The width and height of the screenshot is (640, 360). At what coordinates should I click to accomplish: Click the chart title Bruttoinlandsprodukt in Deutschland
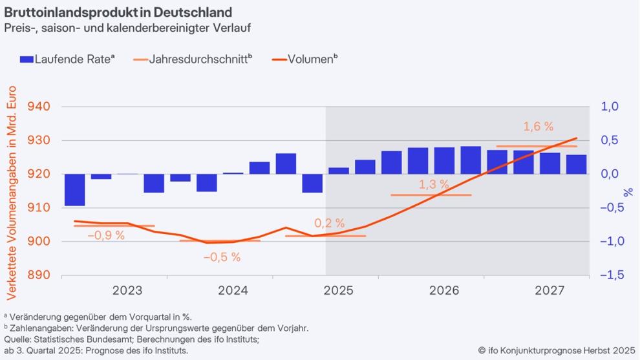click(x=118, y=12)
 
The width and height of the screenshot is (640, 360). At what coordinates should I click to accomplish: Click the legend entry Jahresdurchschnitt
click(x=193, y=59)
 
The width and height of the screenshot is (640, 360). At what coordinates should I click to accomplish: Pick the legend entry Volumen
click(x=304, y=59)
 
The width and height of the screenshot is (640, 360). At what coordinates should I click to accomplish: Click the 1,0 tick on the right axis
click(x=610, y=107)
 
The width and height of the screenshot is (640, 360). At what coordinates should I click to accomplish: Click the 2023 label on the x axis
click(x=127, y=291)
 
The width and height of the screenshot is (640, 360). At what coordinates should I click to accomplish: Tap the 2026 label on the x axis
click(x=444, y=291)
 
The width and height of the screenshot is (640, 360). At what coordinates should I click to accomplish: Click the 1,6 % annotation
click(x=539, y=127)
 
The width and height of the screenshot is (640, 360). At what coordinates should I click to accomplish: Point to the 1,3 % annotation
click(x=433, y=184)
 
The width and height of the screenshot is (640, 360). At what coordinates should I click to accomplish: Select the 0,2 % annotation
click(x=330, y=223)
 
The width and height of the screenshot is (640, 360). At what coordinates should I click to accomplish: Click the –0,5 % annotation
click(x=222, y=257)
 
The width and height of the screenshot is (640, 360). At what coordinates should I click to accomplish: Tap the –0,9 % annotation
click(x=106, y=235)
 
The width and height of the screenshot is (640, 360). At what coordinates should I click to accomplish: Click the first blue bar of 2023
click(x=74, y=190)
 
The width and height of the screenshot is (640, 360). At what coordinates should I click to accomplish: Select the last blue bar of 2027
click(x=577, y=164)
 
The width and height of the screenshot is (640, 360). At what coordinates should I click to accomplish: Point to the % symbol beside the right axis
click(x=628, y=192)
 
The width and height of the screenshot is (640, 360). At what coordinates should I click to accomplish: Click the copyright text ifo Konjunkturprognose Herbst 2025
click(x=557, y=350)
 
